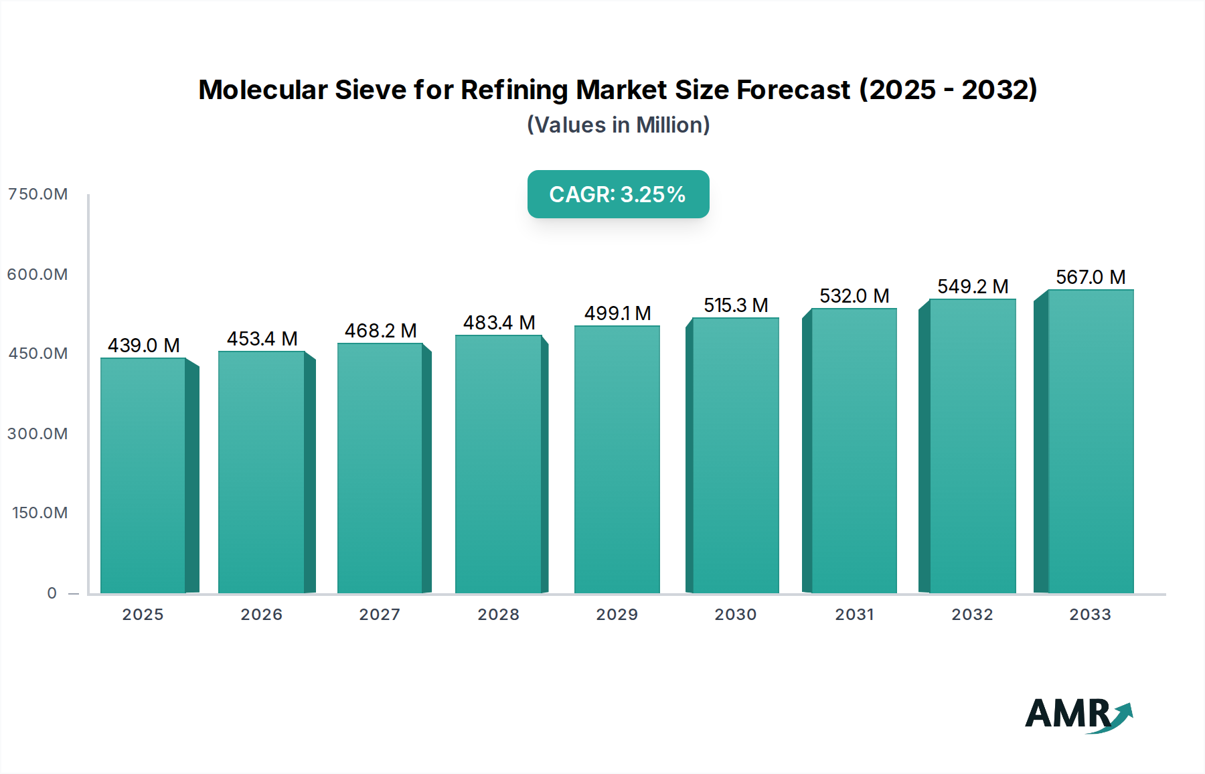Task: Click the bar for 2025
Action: pyautogui.click(x=143, y=475)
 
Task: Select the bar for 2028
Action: pyautogui.click(x=498, y=463)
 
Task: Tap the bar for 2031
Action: pyautogui.click(x=854, y=450)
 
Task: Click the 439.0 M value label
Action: pyautogui.click(x=143, y=345)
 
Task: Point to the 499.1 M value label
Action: pyautogui.click(x=617, y=313)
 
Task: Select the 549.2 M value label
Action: pyautogui.click(x=972, y=287)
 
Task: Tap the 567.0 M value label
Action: pyautogui.click(x=1090, y=277)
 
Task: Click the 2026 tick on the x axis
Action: pyautogui.click(x=261, y=614)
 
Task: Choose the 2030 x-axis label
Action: pyautogui.click(x=735, y=614)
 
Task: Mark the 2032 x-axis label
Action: pyautogui.click(x=972, y=614)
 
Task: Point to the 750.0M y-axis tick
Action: pyautogui.click(x=37, y=194)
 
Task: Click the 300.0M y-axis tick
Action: pyautogui.click(x=37, y=433)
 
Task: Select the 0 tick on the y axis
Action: pyautogui.click(x=52, y=593)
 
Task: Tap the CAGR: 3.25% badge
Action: pyautogui.click(x=618, y=194)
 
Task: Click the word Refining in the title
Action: pyautogui.click(x=515, y=90)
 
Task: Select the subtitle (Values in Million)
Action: pyautogui.click(x=618, y=125)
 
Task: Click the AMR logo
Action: pyautogui.click(x=1078, y=714)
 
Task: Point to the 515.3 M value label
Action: pyautogui.click(x=735, y=305)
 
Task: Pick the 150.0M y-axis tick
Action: pyautogui.click(x=39, y=513)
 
